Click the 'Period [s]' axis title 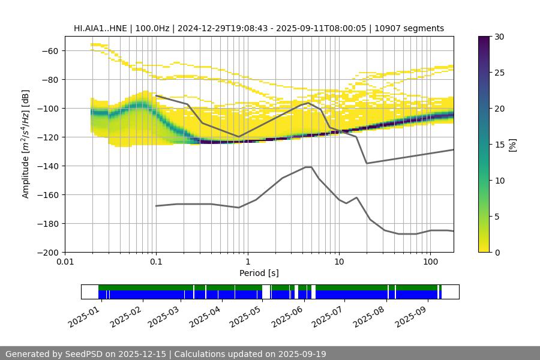click(259, 274)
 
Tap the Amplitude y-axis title click(26, 145)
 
